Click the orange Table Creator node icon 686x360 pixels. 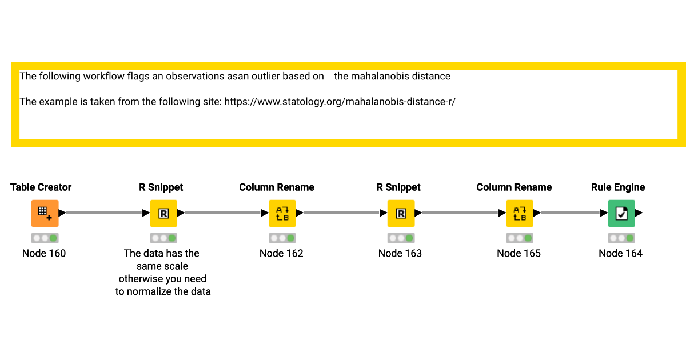45,213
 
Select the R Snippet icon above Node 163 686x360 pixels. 401,213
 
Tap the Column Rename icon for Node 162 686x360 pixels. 282,213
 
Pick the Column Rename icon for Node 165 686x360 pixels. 520,213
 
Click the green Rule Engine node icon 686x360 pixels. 621,213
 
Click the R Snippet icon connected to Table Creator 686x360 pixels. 163,213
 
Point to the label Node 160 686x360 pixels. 44,253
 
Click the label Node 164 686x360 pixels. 620,253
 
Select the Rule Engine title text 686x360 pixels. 618,187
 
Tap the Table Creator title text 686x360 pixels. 41,187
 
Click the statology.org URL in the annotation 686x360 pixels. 340,102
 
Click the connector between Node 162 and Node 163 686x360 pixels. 342,213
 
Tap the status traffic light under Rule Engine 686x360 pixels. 621,238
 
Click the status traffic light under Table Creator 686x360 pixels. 45,238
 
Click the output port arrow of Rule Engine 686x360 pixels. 639,213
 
